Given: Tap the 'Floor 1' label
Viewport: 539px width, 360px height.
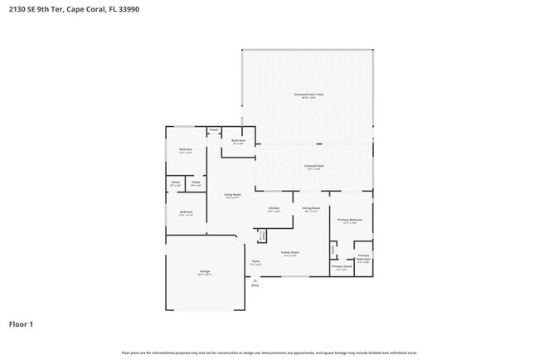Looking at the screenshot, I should coord(21,324).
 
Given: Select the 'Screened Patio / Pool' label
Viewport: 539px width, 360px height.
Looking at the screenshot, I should coord(308,95).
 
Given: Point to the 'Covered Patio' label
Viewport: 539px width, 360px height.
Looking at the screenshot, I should coord(314,166).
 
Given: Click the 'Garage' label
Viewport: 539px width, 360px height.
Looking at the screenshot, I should coord(204,271).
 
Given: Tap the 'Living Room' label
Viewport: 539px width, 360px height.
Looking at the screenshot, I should coord(232,195).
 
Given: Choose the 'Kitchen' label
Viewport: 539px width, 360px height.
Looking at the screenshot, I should coord(274,208).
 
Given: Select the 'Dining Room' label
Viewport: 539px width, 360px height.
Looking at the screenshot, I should coord(311,208).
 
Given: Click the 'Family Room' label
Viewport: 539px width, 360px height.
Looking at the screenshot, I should coord(290,252).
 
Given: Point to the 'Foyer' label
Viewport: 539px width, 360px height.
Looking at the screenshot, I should coord(255,262).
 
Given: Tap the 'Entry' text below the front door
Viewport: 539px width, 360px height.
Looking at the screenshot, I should coord(255,285).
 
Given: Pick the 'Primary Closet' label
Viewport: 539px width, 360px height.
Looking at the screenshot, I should coord(342,266).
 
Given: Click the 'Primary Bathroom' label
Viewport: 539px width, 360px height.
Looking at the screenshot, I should coord(363,257).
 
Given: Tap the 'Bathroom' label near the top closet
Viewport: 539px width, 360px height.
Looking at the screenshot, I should coord(238,141).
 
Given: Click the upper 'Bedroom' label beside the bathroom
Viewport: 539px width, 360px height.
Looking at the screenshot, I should coord(185,150).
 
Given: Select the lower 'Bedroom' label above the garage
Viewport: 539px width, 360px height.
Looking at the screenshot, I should coord(186,212).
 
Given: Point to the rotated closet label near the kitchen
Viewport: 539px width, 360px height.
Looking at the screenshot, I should coord(261,236).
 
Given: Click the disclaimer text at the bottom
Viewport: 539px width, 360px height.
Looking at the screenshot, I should coord(269,353).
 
